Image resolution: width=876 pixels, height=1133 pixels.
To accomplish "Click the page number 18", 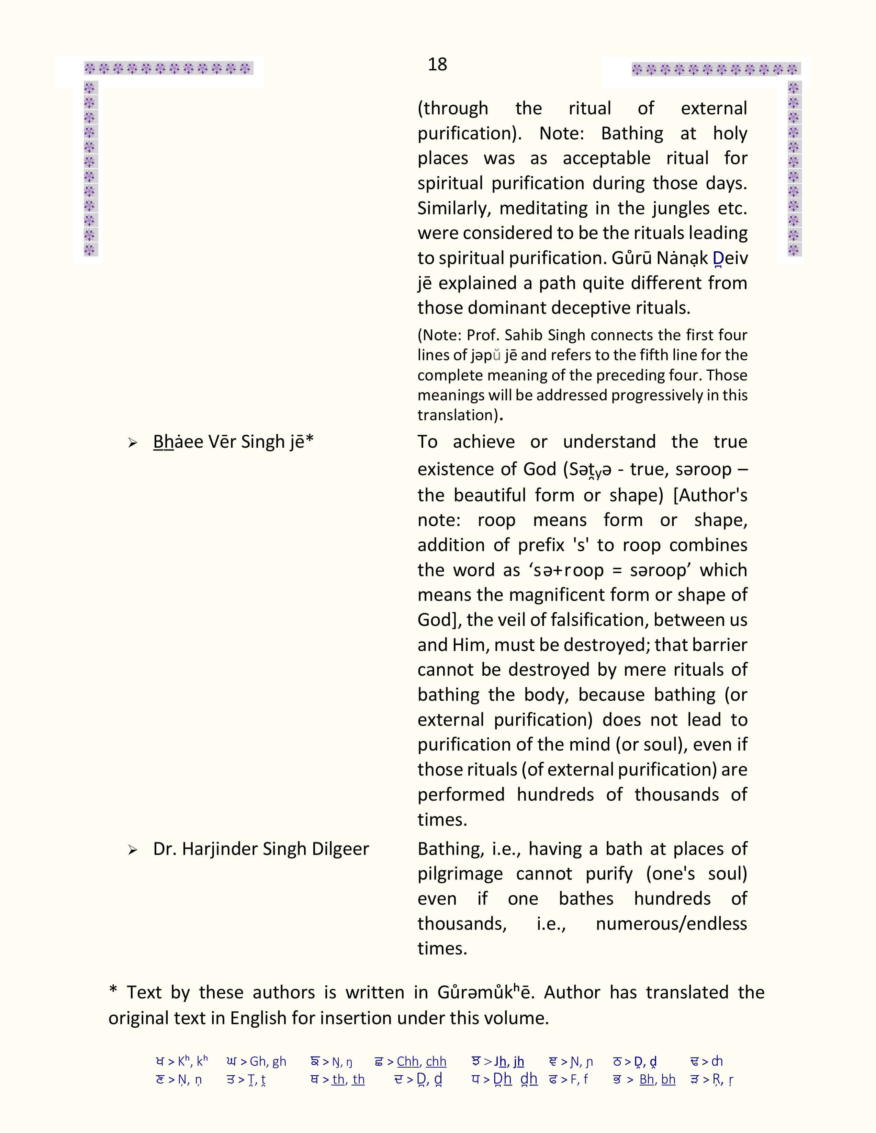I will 437,64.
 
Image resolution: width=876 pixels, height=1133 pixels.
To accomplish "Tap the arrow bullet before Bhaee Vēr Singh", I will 133,443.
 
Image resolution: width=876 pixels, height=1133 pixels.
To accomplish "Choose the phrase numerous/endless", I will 671,924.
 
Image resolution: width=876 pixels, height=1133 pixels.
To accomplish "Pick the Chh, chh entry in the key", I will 421,1061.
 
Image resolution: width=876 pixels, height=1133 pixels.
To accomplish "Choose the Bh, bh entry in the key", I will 657,1079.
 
